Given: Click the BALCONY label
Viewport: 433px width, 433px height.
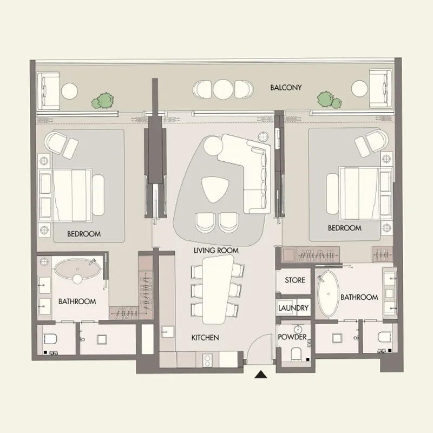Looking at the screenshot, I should tap(286, 87).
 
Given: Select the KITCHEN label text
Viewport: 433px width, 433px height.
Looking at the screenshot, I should tap(205, 338).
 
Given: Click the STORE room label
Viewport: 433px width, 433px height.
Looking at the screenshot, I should tap(295, 280).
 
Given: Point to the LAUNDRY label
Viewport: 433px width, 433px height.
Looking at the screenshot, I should tap(293, 308).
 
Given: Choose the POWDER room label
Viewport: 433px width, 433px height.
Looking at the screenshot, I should tap(292, 337).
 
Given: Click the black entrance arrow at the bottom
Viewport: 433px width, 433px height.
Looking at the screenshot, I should tap(262, 374).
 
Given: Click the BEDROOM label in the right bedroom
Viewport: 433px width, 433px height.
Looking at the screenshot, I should tap(344, 228).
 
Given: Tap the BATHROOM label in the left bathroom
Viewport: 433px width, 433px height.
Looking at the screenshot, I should tap(77, 301).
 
